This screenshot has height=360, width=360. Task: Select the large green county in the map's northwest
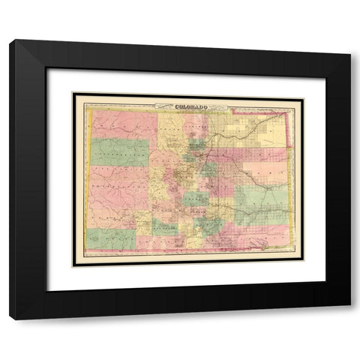pos(120,152)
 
